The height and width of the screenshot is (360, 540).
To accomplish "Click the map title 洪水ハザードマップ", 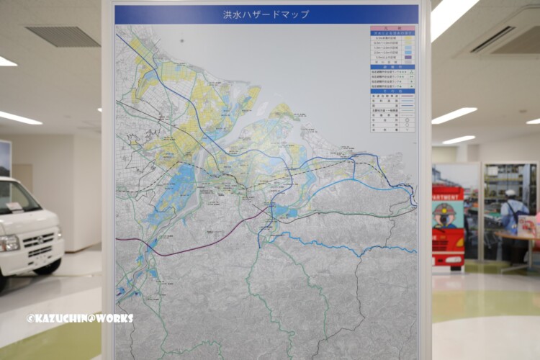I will pos(266,14).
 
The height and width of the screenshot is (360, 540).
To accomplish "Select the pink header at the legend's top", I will pos(392,27).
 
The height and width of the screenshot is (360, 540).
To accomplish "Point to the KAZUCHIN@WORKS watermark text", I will pos(80,318).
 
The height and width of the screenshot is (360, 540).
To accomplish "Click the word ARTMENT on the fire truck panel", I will pos(447,195).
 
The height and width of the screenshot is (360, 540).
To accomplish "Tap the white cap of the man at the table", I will pos(510,193).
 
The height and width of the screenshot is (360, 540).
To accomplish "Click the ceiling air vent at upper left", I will pos(63,37).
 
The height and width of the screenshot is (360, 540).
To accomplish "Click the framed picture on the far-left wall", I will pos(4,158).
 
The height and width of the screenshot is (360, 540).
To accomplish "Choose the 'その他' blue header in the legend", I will pos(392,91).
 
